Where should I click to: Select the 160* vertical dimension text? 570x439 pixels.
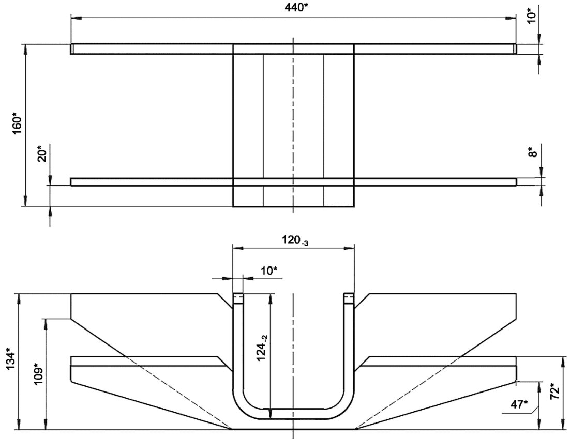tap(17, 124)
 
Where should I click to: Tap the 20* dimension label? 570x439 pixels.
tap(42, 153)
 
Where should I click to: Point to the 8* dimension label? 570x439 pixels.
tap(532, 152)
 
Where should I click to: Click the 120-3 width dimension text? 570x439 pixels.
tap(295, 240)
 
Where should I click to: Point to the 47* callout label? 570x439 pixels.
tap(519, 404)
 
